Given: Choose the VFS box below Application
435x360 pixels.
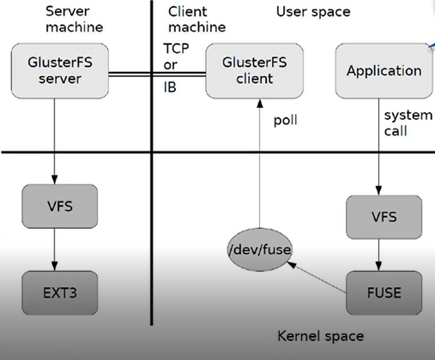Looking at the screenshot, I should pos(384,216).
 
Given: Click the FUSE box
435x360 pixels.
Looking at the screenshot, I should pos(384,291).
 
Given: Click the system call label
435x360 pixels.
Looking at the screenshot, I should pos(402,123).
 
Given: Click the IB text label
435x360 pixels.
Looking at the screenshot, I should pos(170,87).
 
